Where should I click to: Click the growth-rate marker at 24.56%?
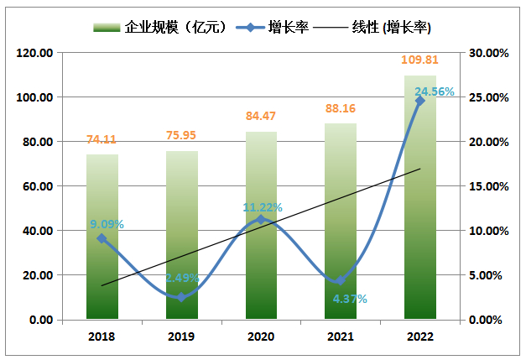(420, 101)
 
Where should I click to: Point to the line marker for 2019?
(181, 297)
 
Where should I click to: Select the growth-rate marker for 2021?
(341, 280)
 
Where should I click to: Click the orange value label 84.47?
(261, 117)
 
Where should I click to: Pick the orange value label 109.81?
(420, 60)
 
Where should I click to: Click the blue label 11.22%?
(263, 207)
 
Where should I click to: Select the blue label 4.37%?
(349, 298)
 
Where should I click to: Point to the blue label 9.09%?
(107, 224)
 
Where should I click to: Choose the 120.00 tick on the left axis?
(36, 53)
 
